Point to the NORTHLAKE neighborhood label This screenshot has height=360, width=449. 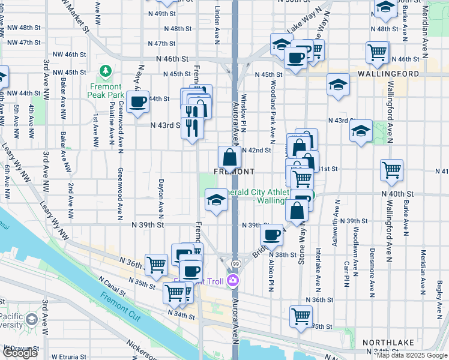[388, 342]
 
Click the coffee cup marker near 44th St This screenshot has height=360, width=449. [138, 102]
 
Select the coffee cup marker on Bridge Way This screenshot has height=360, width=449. [273, 235]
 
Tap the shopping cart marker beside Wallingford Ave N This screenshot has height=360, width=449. [391, 170]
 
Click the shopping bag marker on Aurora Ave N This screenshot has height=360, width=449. [229, 157]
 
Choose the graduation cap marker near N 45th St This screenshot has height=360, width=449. [339, 85]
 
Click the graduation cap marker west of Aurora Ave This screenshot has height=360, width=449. [216, 200]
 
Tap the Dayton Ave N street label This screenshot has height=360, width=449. [161, 199]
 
